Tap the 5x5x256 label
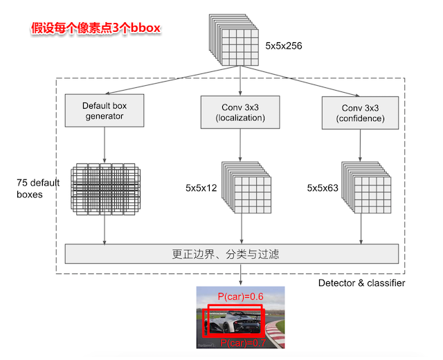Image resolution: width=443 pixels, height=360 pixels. pyautogui.click(x=284, y=47)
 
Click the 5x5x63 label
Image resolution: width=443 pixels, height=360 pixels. pyautogui.click(x=323, y=188)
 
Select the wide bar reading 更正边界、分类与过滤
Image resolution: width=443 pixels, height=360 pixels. pyautogui.click(x=232, y=254)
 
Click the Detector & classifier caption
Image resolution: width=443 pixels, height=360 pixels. pyautogui.click(x=361, y=283)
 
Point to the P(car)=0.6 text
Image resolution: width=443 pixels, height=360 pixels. pyautogui.click(x=240, y=297)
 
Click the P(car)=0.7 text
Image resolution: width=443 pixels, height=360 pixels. pyautogui.click(x=244, y=343)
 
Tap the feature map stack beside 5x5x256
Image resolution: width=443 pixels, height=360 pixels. pyautogui.click(x=233, y=42)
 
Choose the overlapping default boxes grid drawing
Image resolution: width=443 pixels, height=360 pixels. pyautogui.click(x=104, y=188)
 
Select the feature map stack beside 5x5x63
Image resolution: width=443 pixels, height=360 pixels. pyautogui.click(x=363, y=188)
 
